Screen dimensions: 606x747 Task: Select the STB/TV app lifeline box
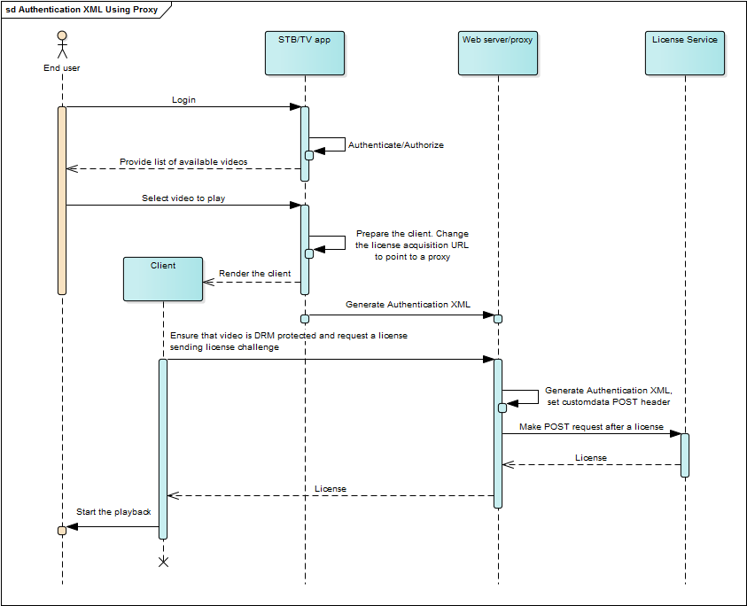click(x=304, y=53)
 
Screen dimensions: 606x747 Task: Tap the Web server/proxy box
click(x=498, y=53)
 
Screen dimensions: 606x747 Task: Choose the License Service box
click(x=684, y=53)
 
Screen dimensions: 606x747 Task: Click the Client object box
click(x=163, y=279)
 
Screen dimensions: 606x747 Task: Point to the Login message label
click(x=183, y=100)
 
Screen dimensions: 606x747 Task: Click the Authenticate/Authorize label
click(x=395, y=144)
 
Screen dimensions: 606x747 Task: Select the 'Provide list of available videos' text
click(x=183, y=162)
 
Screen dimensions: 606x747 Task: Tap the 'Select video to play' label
click(x=183, y=198)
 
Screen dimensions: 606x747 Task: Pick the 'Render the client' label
click(x=254, y=274)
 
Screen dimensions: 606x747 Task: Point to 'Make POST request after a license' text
click(x=591, y=427)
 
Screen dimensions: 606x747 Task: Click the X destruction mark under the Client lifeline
click(x=163, y=562)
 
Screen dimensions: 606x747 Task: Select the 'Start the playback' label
click(x=113, y=512)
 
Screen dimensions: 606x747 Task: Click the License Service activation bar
click(x=685, y=454)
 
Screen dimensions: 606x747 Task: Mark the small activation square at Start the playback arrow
click(x=62, y=530)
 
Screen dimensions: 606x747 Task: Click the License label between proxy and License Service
click(x=591, y=458)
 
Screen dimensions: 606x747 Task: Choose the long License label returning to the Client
click(x=331, y=489)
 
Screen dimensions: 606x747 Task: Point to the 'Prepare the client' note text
click(x=412, y=245)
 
